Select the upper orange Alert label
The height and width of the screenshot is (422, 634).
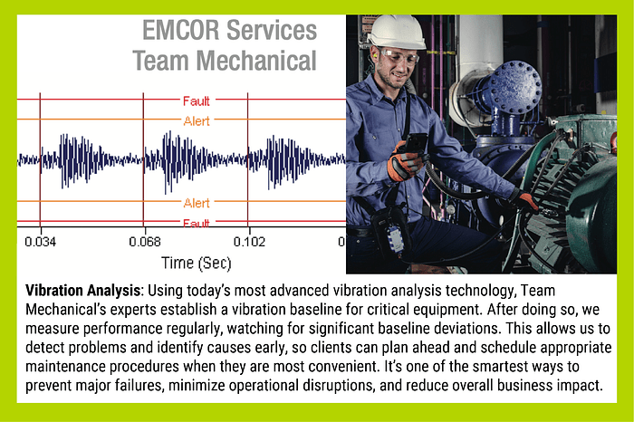[196, 120]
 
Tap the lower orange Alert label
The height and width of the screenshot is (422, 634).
[196, 203]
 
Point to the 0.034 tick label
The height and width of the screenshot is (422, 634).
[40, 242]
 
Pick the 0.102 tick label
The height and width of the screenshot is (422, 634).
[249, 242]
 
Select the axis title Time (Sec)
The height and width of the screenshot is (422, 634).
[196, 263]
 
